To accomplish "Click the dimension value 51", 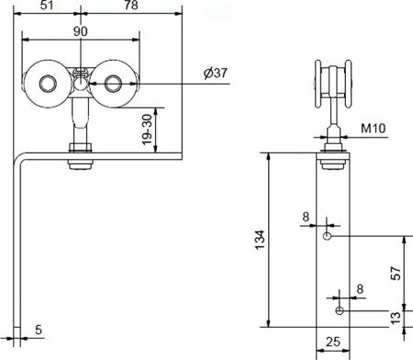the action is point(47,5).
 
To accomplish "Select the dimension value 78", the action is point(131,5).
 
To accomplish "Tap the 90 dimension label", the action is point(81,31).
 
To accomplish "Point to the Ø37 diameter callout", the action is point(216,73).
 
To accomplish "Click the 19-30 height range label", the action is point(147,129).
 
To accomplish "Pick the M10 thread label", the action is point(374,128).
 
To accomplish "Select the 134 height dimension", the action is point(260,240).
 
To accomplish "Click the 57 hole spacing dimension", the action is point(396,274).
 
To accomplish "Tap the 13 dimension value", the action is point(396,318).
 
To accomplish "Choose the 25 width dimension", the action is point(333,342).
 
